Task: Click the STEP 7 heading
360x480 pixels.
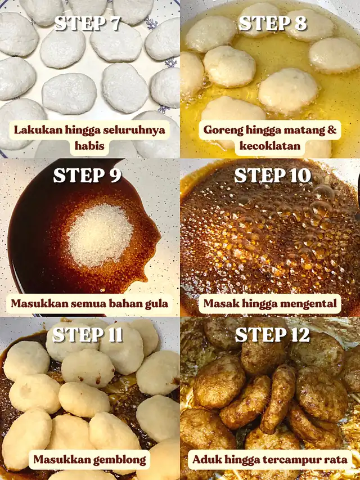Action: [88, 23]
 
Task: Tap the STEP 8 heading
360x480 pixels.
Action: [272, 23]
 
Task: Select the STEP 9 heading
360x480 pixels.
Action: [88, 176]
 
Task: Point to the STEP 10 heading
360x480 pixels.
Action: [272, 176]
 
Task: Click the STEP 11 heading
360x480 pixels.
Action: [88, 335]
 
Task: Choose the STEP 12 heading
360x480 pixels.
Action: [272, 335]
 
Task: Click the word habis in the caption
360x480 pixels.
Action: [89, 145]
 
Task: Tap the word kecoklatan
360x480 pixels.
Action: [270, 146]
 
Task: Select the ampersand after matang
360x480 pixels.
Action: [332, 130]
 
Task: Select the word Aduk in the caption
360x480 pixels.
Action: [204, 460]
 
